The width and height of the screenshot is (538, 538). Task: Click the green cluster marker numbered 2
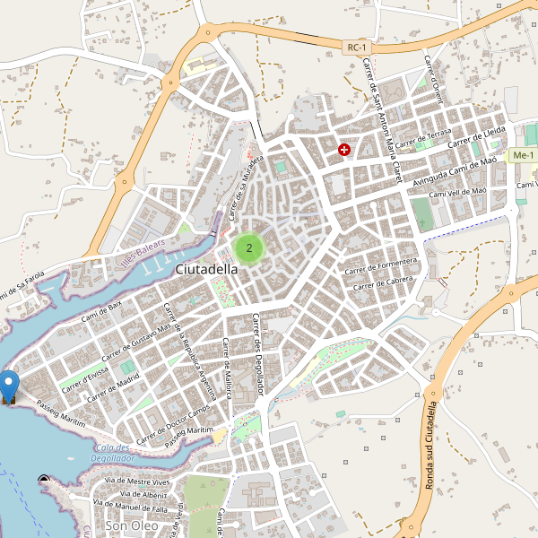pyautogui.click(x=248, y=247)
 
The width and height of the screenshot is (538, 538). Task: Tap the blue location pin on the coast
pyautogui.click(x=10, y=386)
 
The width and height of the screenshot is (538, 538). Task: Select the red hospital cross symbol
pyautogui.click(x=344, y=150)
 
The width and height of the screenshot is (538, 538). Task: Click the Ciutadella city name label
pyautogui.click(x=207, y=269)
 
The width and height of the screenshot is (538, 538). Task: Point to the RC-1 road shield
pyautogui.click(x=357, y=47)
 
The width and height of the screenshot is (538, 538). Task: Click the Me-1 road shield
pyautogui.click(x=522, y=156)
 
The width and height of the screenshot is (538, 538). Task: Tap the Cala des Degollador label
pyautogui.click(x=113, y=453)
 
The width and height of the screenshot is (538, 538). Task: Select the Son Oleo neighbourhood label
pyautogui.click(x=131, y=525)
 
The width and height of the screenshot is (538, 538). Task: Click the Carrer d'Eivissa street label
pyautogui.click(x=86, y=379)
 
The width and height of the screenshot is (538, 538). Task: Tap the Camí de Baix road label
pyautogui.click(x=101, y=311)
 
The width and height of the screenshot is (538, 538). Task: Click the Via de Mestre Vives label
pyautogui.click(x=137, y=482)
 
